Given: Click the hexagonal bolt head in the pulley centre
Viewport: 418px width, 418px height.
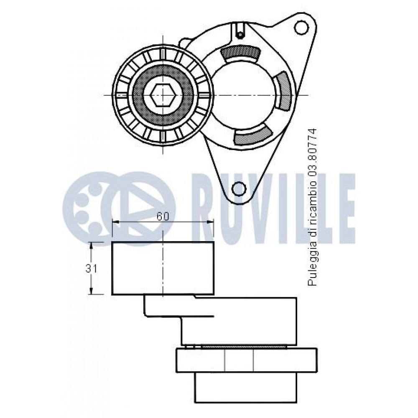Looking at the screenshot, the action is point(162,95).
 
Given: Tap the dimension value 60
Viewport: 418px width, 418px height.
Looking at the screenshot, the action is point(163,216).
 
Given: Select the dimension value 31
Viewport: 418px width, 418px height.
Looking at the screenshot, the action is point(91,269).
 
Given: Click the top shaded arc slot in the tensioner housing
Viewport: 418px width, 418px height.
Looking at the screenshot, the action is point(240,53).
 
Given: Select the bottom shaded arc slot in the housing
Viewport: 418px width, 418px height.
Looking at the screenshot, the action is point(252,135).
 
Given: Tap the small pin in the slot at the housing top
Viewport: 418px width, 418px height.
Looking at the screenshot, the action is point(240,34).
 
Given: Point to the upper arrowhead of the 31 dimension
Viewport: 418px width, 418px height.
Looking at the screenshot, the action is point(91,246).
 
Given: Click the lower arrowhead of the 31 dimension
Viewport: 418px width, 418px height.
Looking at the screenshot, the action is point(91,291).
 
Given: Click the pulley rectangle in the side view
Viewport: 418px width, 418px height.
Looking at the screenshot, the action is point(163,268).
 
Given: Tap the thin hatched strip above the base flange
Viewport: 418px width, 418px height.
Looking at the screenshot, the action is point(244,347).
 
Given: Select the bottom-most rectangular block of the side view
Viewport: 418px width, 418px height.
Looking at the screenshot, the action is point(246,387).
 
